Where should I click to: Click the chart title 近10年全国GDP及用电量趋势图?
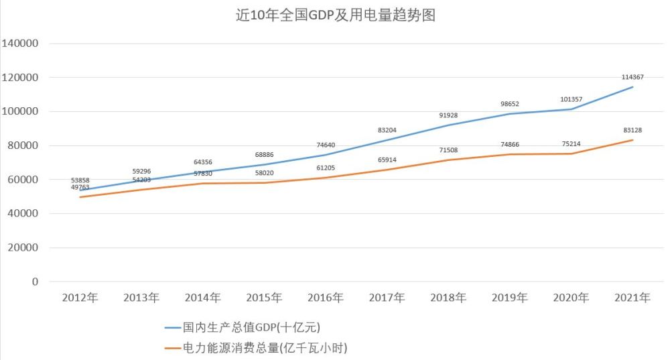point(336,15)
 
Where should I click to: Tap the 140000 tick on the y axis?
point(19,43)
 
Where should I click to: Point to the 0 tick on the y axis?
point(35,282)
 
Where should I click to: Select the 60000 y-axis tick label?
point(23,180)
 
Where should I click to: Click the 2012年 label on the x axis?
point(80,298)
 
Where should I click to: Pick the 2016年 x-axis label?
point(326,298)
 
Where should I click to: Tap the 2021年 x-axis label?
point(632,298)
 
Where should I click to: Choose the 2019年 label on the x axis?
point(510,298)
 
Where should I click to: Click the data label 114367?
point(632,77)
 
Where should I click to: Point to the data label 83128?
point(632,130)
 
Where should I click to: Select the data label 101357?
point(572,99)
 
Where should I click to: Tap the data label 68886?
point(264,154)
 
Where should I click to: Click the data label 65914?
point(387,160)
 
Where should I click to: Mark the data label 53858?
point(80,180)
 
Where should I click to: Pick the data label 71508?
point(448,150)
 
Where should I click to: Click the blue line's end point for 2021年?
point(632,87)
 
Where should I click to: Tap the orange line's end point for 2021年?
point(632,140)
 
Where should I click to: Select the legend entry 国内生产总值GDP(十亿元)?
point(243,328)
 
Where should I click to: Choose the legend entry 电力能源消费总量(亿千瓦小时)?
point(256,348)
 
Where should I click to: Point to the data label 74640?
point(326,145)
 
